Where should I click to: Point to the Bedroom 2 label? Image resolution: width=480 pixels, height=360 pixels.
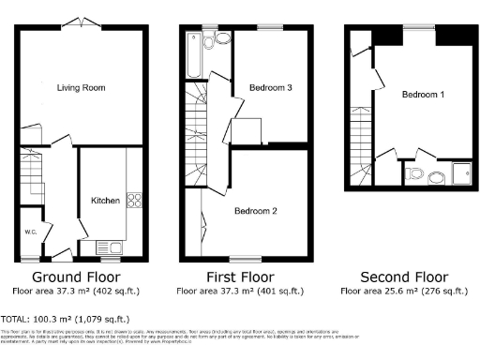pos(255,211)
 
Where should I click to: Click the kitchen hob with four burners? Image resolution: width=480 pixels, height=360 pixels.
pos(134,200)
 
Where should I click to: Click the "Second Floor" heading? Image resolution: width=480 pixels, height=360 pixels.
pos(407,277)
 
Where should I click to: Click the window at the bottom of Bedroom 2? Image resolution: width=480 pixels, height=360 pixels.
pos(246,258)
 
